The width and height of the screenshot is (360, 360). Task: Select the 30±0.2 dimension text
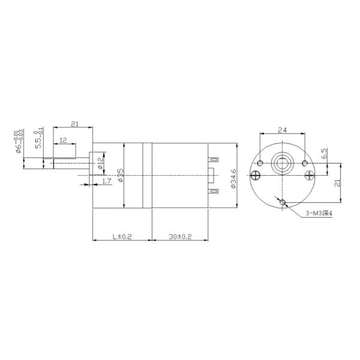(x=179, y=237)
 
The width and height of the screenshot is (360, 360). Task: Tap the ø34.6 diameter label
(x=233, y=178)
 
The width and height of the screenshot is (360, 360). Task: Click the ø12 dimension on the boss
(x=101, y=161)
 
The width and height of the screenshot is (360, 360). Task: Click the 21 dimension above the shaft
(x=75, y=124)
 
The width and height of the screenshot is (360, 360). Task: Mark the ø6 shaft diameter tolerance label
(x=20, y=142)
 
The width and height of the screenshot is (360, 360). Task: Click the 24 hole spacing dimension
(x=282, y=130)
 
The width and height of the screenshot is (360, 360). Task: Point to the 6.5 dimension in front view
(x=323, y=154)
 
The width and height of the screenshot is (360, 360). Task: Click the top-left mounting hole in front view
(x=260, y=163)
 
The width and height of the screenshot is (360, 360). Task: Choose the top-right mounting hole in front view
(x=304, y=163)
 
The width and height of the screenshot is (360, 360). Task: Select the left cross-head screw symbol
(x=256, y=175)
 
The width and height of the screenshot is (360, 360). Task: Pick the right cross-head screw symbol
(x=308, y=175)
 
